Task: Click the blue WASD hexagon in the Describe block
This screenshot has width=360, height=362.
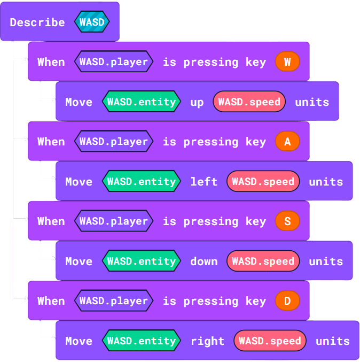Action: tap(92, 22)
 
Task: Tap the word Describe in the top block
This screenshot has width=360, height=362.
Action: tap(37, 22)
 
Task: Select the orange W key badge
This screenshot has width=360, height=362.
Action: tap(287, 62)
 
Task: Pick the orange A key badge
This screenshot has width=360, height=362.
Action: tap(287, 142)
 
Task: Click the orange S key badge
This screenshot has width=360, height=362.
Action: tap(287, 221)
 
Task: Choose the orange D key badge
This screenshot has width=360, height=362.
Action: tap(287, 301)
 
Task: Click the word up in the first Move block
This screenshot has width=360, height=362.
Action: tap(197, 102)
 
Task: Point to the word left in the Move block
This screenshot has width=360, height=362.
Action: tap(204, 182)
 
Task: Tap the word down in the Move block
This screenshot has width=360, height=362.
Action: tap(204, 261)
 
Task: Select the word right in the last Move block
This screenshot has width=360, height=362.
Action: tap(207, 341)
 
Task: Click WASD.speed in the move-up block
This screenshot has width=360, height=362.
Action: tap(249, 102)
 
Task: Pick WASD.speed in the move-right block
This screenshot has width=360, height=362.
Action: tap(270, 341)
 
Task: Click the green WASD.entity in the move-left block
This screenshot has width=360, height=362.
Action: tap(142, 182)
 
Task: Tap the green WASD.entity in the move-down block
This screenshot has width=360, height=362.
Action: tap(142, 261)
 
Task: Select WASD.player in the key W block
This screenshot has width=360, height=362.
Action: tap(114, 62)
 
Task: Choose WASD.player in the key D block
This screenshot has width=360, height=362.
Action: tap(114, 301)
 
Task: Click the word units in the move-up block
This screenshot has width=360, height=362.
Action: tap(312, 102)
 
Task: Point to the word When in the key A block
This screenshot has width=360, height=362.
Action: tap(51, 142)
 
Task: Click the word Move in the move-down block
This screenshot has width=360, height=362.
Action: tap(79, 261)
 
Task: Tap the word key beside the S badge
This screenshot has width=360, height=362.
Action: tap(256, 221)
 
